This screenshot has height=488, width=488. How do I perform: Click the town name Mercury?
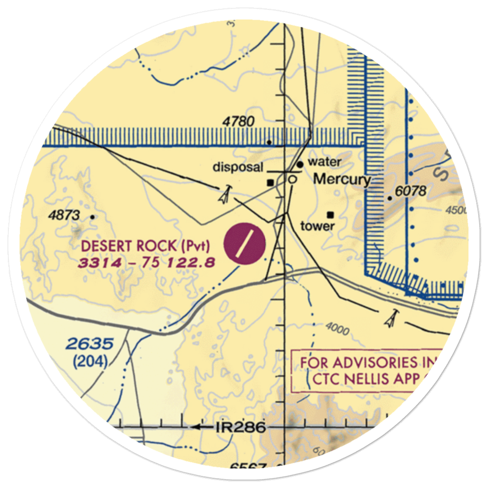pyautogui.click(x=342, y=179)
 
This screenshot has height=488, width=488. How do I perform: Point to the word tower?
pyautogui.click(x=318, y=226)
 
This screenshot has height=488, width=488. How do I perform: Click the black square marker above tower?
pyautogui.click(x=331, y=214)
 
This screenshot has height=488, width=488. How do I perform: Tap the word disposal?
pyautogui.click(x=238, y=167)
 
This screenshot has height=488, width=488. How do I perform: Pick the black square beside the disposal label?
pyautogui.click(x=270, y=183)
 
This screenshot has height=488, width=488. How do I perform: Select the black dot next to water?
pyautogui.click(x=300, y=164)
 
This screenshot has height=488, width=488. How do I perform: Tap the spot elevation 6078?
pyautogui.click(x=411, y=191)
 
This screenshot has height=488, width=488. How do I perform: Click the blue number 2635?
pyautogui.click(x=90, y=344)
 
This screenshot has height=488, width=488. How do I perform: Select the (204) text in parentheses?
pyautogui.click(x=91, y=362)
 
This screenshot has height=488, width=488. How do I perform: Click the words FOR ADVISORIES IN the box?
pyautogui.click(x=366, y=363)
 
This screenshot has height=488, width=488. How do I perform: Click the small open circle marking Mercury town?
pyautogui.click(x=292, y=180)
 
